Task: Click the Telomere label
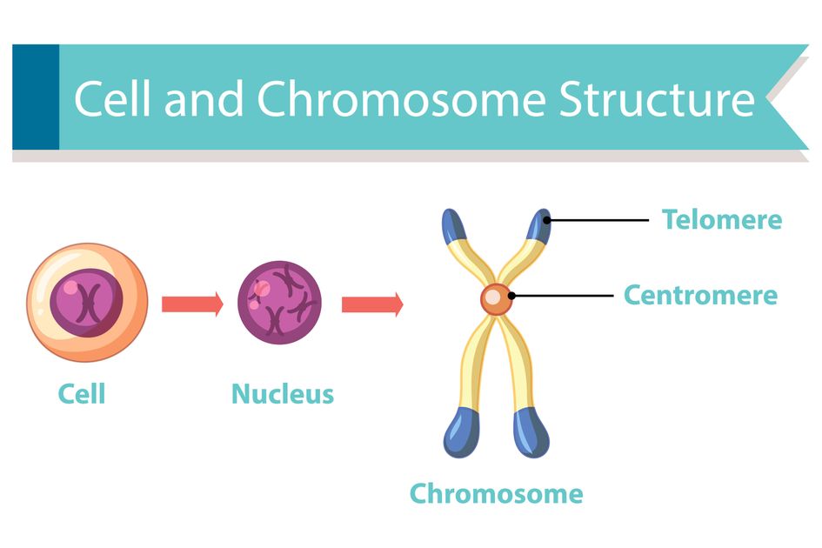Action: [722, 220]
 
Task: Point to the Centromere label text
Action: [700, 295]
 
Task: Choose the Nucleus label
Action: [283, 394]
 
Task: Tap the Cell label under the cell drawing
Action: [82, 394]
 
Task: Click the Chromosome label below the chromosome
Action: [496, 494]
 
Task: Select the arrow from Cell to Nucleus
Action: [192, 304]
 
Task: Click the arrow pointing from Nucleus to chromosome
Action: [372, 304]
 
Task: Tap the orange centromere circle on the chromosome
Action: [495, 299]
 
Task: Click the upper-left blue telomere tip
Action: [453, 226]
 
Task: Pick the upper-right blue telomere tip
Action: [539, 226]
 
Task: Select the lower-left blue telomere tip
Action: [461, 433]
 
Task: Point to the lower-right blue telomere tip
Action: [531, 433]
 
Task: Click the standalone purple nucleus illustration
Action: [279, 303]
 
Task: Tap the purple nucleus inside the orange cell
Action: [86, 303]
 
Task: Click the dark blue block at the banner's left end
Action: [36, 97]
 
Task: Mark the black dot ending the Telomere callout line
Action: [547, 220]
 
